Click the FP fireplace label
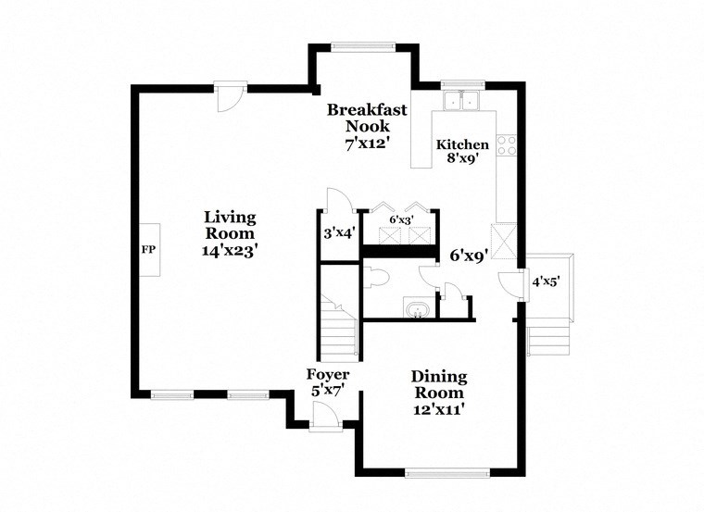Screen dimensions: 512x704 click(147, 250)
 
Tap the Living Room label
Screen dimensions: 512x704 click(230, 225)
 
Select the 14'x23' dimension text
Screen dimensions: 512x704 click(230, 249)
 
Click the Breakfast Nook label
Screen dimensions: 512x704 click(367, 118)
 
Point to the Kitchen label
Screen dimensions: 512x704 click(462, 144)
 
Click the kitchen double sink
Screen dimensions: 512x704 click(459, 100)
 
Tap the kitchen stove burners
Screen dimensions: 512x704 click(506, 144)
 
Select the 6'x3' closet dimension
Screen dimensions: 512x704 click(400, 219)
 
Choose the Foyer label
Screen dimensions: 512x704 click(328, 374)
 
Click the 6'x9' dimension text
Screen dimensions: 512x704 click(470, 254)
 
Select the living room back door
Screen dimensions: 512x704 click(230, 95)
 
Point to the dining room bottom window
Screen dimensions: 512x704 click(446, 474)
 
